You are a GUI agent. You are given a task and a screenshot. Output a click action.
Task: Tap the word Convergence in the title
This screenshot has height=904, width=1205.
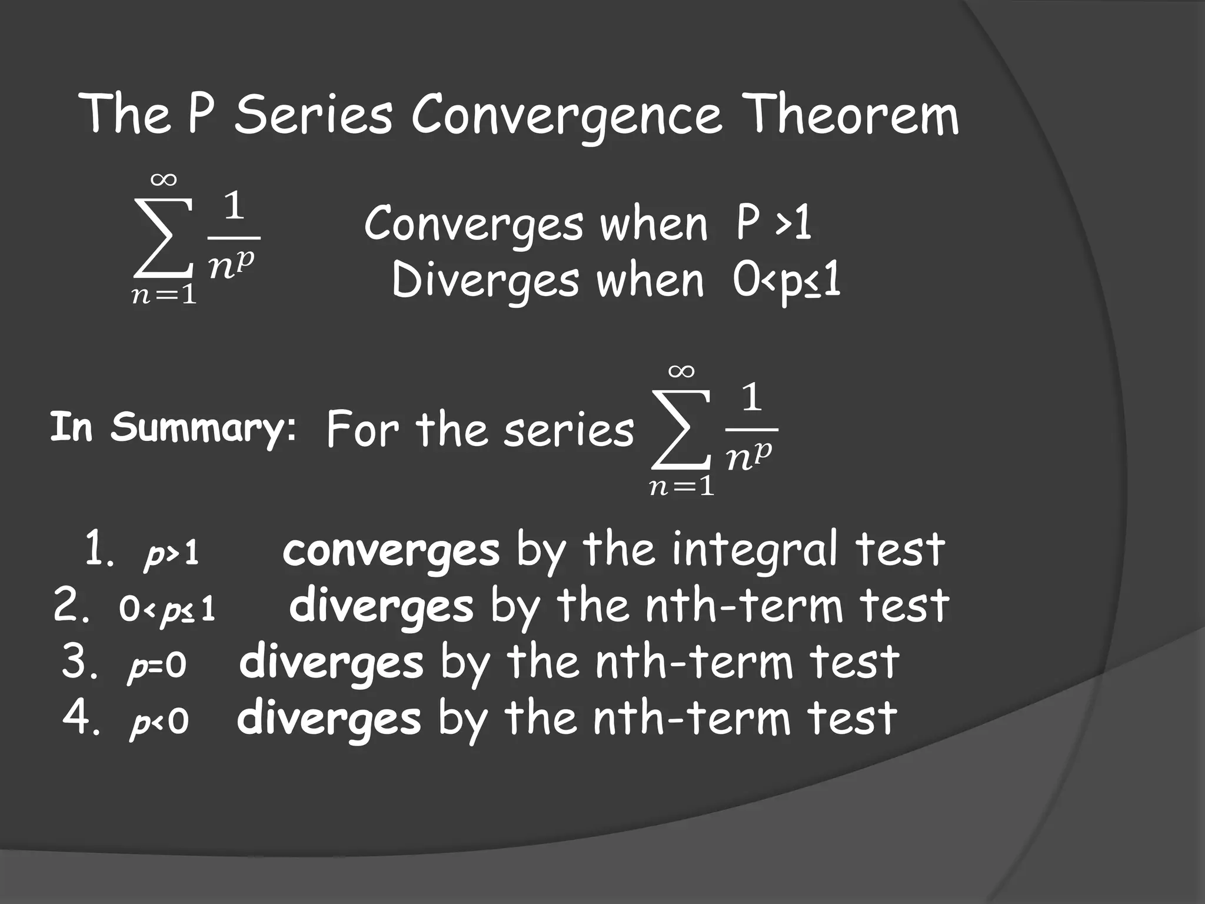(566, 117)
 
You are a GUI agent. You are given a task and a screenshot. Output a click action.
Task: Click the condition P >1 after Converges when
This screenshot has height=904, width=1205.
(774, 224)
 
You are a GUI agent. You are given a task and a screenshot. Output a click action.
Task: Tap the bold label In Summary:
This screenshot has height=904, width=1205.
(172, 427)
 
